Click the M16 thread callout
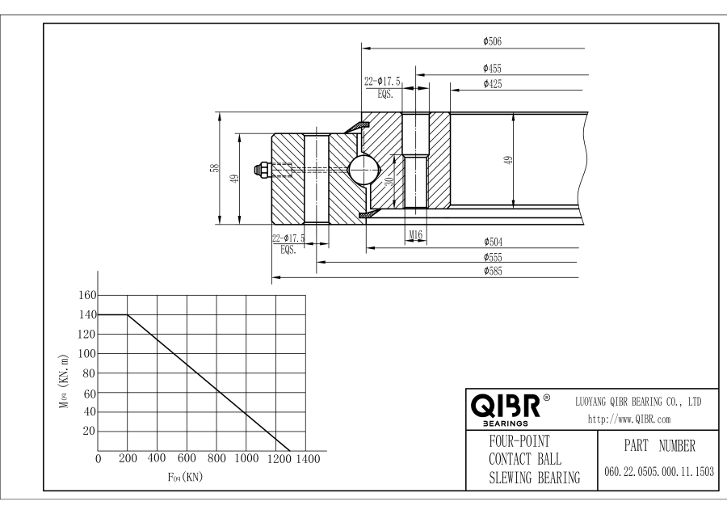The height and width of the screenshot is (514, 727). coord(415,234)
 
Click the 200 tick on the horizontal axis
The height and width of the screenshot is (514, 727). coord(127,460)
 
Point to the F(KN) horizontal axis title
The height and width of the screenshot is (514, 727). coord(187,478)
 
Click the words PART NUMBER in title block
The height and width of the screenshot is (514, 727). coord(657,445)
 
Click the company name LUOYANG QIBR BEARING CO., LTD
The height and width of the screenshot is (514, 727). coord(637,402)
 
